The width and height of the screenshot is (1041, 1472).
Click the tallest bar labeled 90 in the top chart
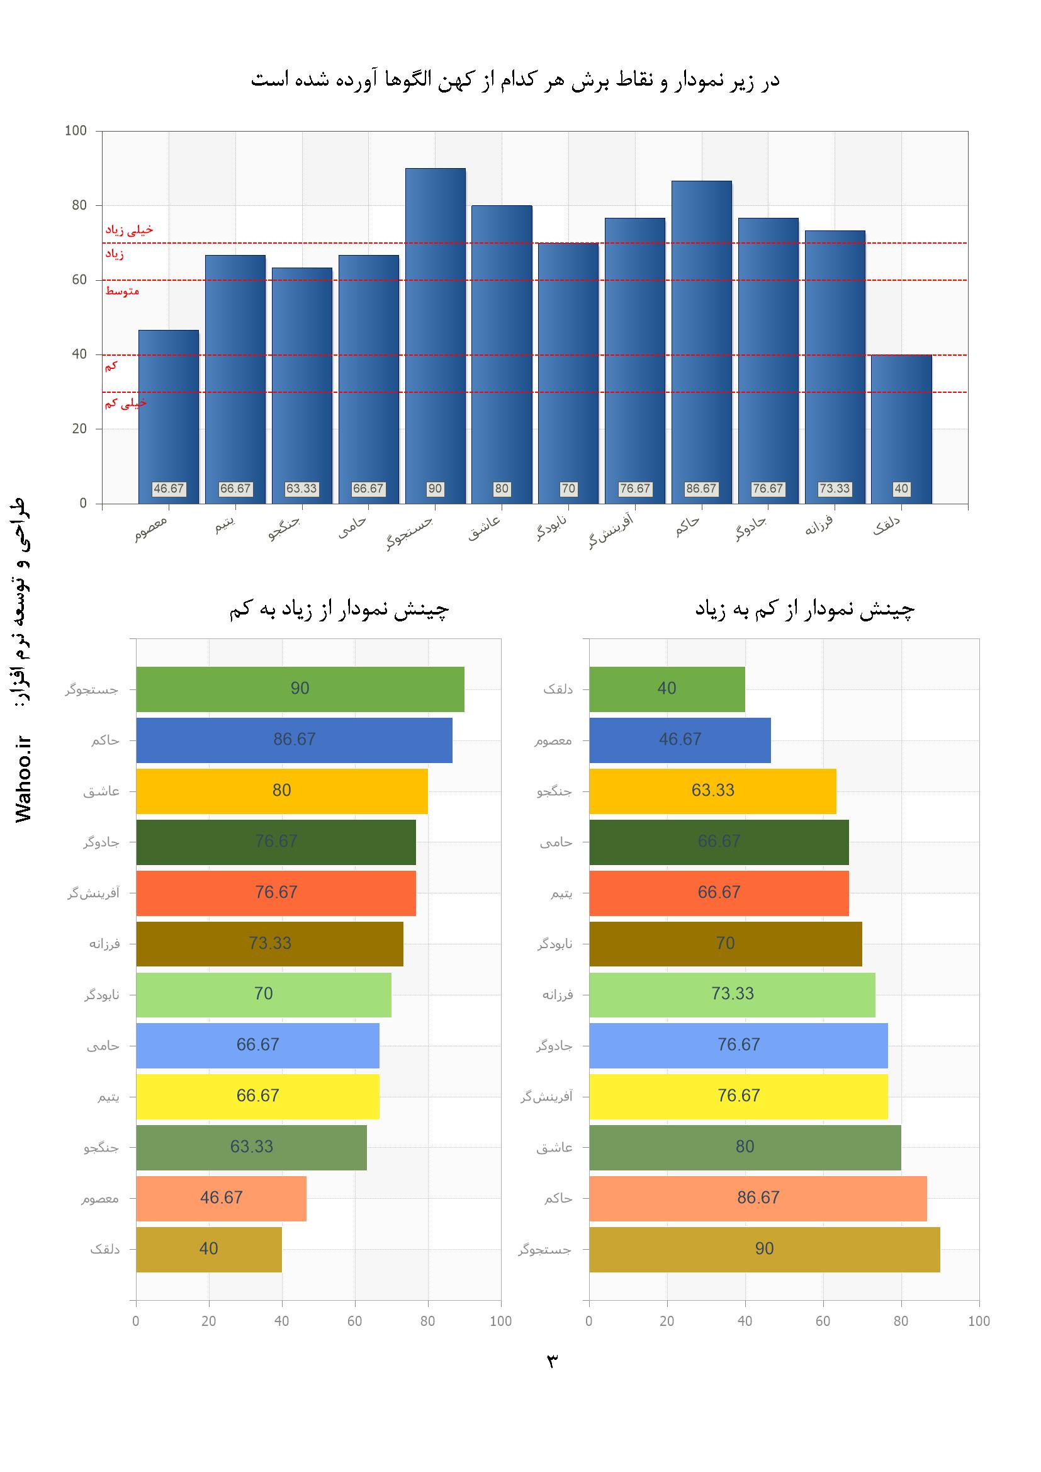(x=435, y=334)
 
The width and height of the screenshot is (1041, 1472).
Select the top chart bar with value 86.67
(x=701, y=340)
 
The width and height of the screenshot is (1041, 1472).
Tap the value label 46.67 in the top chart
(x=169, y=489)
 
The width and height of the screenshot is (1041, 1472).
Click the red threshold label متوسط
(x=122, y=291)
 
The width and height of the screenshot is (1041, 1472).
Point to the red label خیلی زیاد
(x=129, y=230)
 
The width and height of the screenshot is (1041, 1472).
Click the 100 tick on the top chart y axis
(x=76, y=131)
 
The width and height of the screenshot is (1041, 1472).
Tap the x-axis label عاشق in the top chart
(x=485, y=528)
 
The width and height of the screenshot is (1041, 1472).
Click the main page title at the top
(x=515, y=81)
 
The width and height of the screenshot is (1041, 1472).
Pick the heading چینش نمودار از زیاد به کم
(x=339, y=609)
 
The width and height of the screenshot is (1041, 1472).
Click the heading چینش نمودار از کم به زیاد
(x=804, y=609)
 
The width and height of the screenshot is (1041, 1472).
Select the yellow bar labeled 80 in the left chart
(x=281, y=791)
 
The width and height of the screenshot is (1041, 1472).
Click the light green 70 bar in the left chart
(x=264, y=994)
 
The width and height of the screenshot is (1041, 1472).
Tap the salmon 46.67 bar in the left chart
(x=221, y=1198)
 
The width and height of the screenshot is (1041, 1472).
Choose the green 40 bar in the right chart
(x=667, y=689)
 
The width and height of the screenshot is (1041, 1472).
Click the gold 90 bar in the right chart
(x=764, y=1249)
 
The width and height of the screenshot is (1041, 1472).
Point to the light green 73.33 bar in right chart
(x=732, y=994)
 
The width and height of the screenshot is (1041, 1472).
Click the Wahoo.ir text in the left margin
(x=24, y=779)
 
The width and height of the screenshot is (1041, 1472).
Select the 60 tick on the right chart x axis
(x=823, y=1321)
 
